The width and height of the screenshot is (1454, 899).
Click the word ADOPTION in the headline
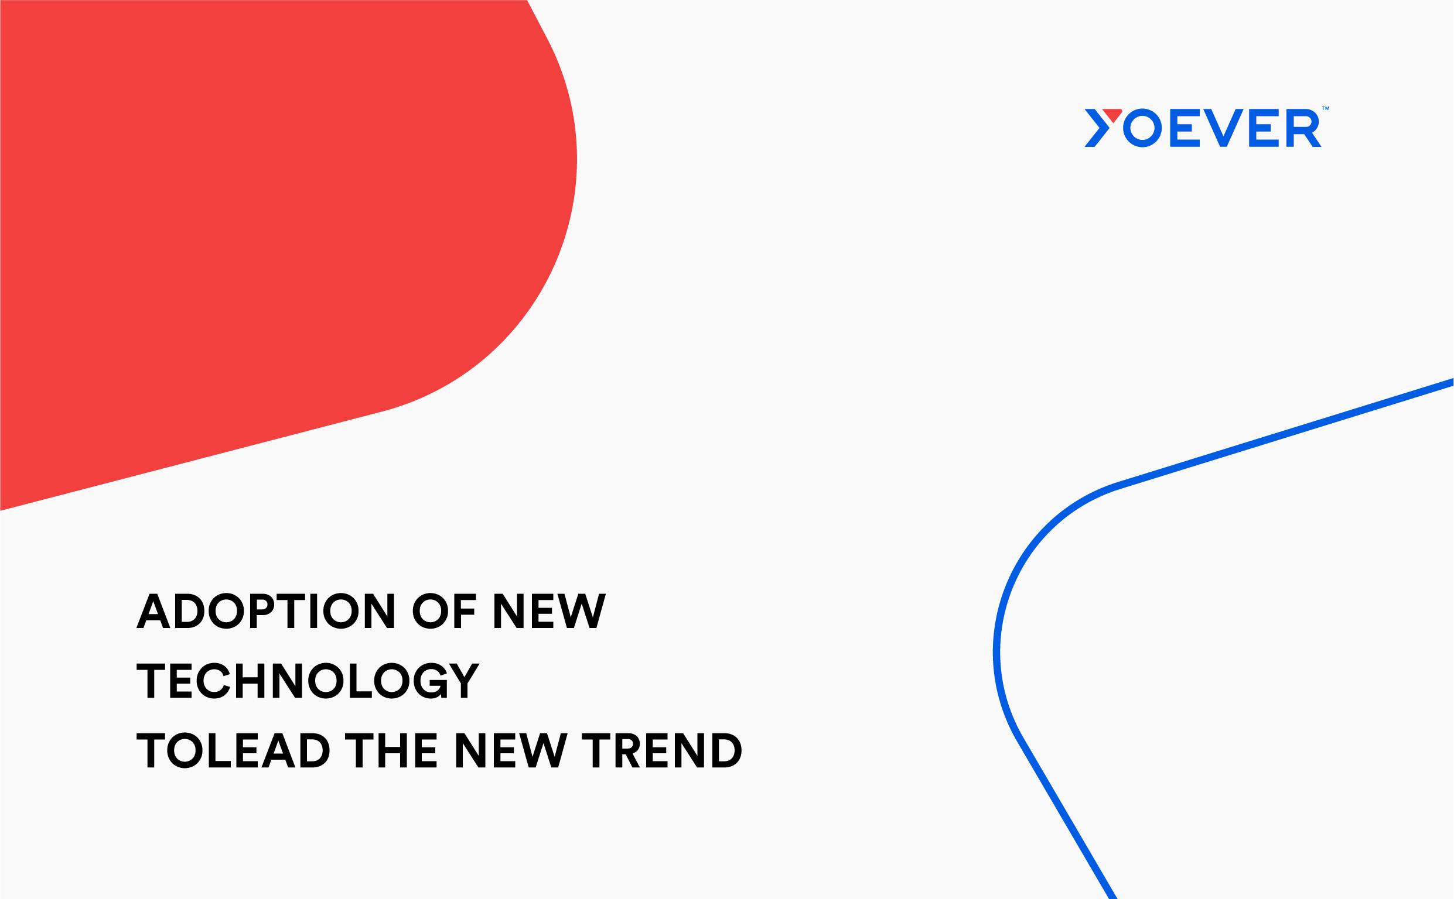266,610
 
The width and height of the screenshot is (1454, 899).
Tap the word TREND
661,750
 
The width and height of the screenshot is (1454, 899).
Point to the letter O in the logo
1142,128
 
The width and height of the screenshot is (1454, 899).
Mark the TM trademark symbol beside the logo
1326,108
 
